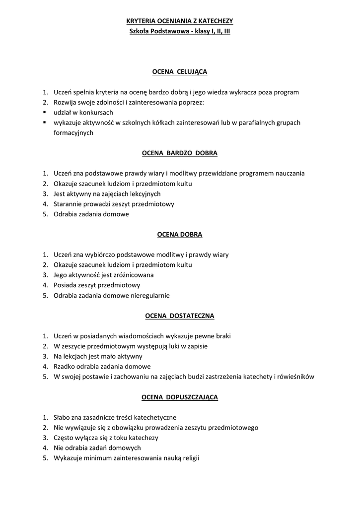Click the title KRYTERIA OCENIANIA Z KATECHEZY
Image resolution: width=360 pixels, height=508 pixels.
179,21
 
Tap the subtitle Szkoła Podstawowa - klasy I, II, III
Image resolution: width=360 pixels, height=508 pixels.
179,31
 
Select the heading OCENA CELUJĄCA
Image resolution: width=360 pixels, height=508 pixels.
179,72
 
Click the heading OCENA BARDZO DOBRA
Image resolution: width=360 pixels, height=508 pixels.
179,153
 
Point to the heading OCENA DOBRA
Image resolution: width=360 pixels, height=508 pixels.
179,234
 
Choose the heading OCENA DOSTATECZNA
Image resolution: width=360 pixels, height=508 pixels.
179,316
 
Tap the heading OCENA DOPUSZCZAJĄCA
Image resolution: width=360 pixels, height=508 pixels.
179,397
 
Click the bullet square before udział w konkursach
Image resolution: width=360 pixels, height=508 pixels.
44,112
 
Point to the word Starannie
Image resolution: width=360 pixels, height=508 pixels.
68,204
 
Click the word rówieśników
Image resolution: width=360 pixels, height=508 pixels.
296,377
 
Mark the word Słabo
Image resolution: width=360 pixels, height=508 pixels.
63,417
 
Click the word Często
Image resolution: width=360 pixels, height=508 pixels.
65,438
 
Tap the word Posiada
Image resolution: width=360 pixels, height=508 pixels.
65,285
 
